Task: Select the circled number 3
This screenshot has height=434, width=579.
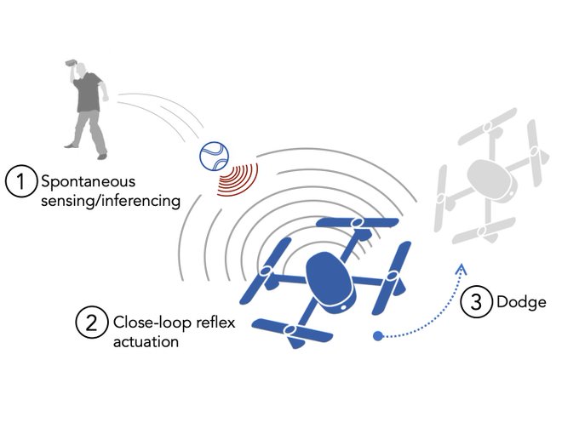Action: [x=474, y=302]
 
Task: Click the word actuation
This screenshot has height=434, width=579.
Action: [x=146, y=341]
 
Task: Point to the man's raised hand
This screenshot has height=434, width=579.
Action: [x=70, y=64]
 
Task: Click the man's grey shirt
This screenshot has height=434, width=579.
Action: [x=89, y=96]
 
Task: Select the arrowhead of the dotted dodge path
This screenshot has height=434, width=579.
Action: [x=461, y=269]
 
